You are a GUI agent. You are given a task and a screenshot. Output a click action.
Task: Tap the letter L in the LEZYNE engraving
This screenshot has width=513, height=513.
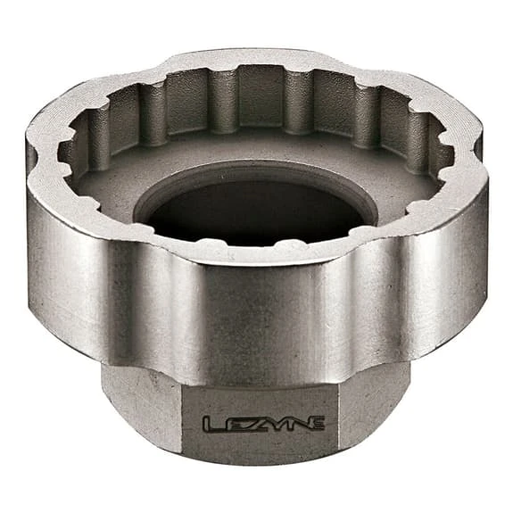point(210,423)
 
